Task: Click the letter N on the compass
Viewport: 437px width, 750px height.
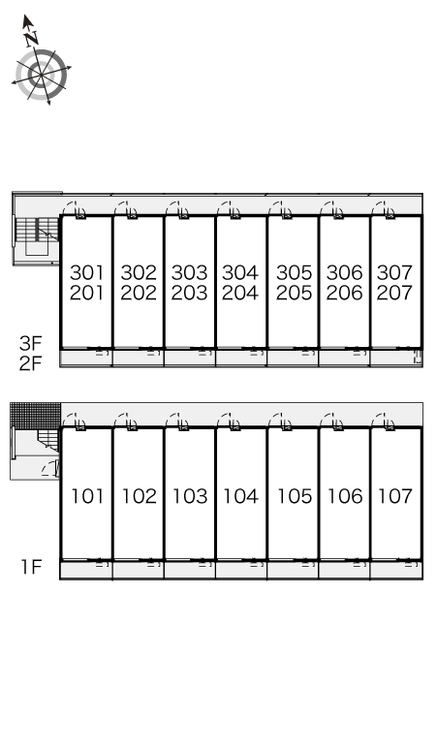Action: point(32,38)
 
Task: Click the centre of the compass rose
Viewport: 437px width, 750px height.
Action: point(41,75)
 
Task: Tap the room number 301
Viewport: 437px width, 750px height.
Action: point(86,272)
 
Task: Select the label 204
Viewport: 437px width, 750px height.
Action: point(240,293)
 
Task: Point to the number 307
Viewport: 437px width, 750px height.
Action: point(394,272)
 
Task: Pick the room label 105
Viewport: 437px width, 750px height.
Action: point(295,496)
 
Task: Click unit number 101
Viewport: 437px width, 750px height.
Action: point(87,496)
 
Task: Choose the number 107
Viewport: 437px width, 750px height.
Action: point(395,496)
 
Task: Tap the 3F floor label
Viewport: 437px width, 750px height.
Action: point(31,343)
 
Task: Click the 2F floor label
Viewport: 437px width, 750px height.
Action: point(31,363)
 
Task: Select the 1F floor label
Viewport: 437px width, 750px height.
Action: point(32,566)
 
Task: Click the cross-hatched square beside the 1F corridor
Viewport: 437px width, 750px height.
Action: point(36,416)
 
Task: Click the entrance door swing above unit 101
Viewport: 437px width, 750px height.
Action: point(75,422)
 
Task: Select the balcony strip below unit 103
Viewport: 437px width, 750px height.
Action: point(190,570)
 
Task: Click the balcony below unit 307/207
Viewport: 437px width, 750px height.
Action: point(396,358)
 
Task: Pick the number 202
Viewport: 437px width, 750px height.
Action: point(139,293)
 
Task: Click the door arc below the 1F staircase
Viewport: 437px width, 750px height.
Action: point(49,469)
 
